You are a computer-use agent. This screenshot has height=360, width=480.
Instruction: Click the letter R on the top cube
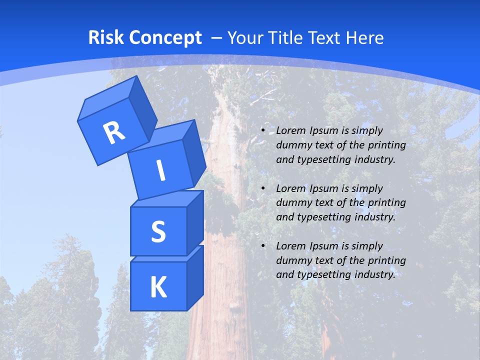pyautogui.click(x=114, y=133)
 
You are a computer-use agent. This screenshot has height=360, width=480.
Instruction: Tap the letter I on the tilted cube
pyautogui.click(x=160, y=170)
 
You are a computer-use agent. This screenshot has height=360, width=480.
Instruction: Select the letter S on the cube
pyautogui.click(x=158, y=231)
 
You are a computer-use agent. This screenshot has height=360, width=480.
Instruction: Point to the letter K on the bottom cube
pyautogui.click(x=158, y=287)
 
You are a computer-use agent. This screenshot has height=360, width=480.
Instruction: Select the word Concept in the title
pyautogui.click(x=165, y=37)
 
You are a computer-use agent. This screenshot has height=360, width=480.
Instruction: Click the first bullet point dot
pyautogui.click(x=263, y=130)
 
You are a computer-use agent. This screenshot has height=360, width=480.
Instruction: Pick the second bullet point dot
pyautogui.click(x=263, y=188)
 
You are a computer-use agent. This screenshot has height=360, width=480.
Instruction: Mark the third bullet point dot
pyautogui.click(x=263, y=246)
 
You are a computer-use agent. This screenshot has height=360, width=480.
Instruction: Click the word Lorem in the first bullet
pyautogui.click(x=290, y=130)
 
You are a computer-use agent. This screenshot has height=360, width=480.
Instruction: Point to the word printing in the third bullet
pyautogui.click(x=387, y=260)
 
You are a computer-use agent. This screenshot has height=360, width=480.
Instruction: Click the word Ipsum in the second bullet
pyautogui.click(x=323, y=188)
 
